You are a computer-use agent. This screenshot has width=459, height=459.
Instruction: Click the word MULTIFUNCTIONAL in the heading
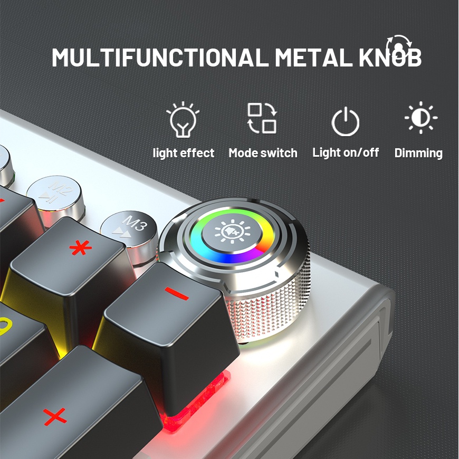(160, 58)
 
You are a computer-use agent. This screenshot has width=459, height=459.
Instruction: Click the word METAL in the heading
(313, 58)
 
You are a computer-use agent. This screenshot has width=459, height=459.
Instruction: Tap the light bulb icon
(183, 120)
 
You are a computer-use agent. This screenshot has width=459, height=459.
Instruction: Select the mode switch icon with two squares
(262, 118)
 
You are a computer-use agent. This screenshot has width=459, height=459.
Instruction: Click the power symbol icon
(346, 121)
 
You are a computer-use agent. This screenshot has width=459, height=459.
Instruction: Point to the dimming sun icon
(420, 118)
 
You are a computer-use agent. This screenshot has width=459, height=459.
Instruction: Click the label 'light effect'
(184, 153)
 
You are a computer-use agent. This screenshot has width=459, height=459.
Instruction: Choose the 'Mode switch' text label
(263, 153)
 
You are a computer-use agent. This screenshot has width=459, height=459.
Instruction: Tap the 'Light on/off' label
(346, 152)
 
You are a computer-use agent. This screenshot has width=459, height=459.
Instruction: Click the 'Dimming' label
(418, 153)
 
